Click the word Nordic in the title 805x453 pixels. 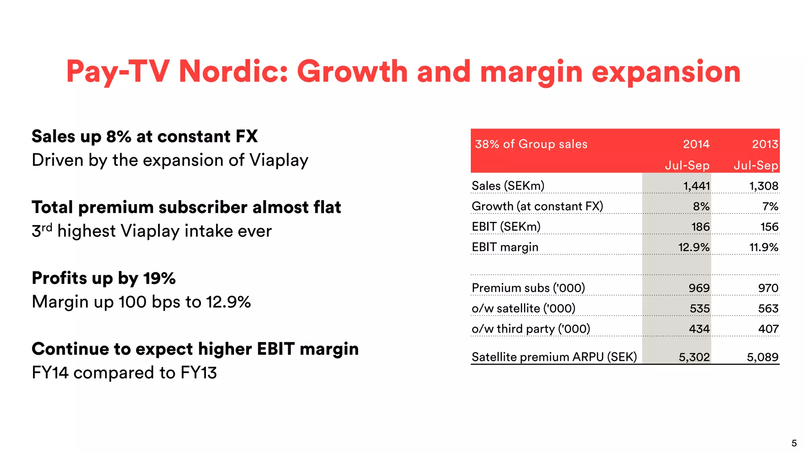click(233, 72)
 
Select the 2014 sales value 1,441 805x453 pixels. click(697, 186)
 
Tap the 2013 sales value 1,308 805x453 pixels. click(764, 186)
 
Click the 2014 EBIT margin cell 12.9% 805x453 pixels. click(694, 247)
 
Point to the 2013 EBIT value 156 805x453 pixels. click(769, 227)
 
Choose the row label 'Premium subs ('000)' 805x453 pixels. click(528, 288)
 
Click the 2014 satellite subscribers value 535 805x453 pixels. click(700, 309)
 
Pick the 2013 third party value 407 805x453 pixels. click(768, 329)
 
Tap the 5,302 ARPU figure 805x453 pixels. click(694, 357)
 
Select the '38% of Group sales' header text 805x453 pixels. click(531, 144)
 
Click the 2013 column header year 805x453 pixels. click(765, 144)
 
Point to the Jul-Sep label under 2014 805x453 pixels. click(687, 166)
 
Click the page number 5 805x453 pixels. click(794, 444)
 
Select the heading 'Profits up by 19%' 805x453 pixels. click(104, 278)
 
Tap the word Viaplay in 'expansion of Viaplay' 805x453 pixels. click(279, 160)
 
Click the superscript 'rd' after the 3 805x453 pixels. click(47, 227)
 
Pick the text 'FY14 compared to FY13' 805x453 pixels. click(124, 373)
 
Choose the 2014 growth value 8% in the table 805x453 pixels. click(701, 206)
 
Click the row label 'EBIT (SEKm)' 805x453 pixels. click(506, 227)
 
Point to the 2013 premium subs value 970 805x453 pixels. click(768, 288)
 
